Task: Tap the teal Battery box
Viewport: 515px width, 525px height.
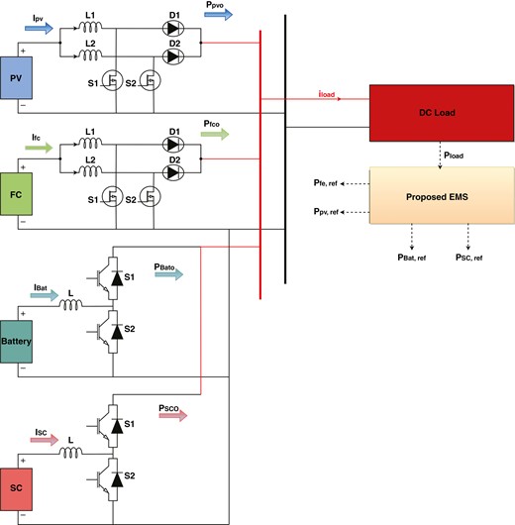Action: [x=19, y=342]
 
